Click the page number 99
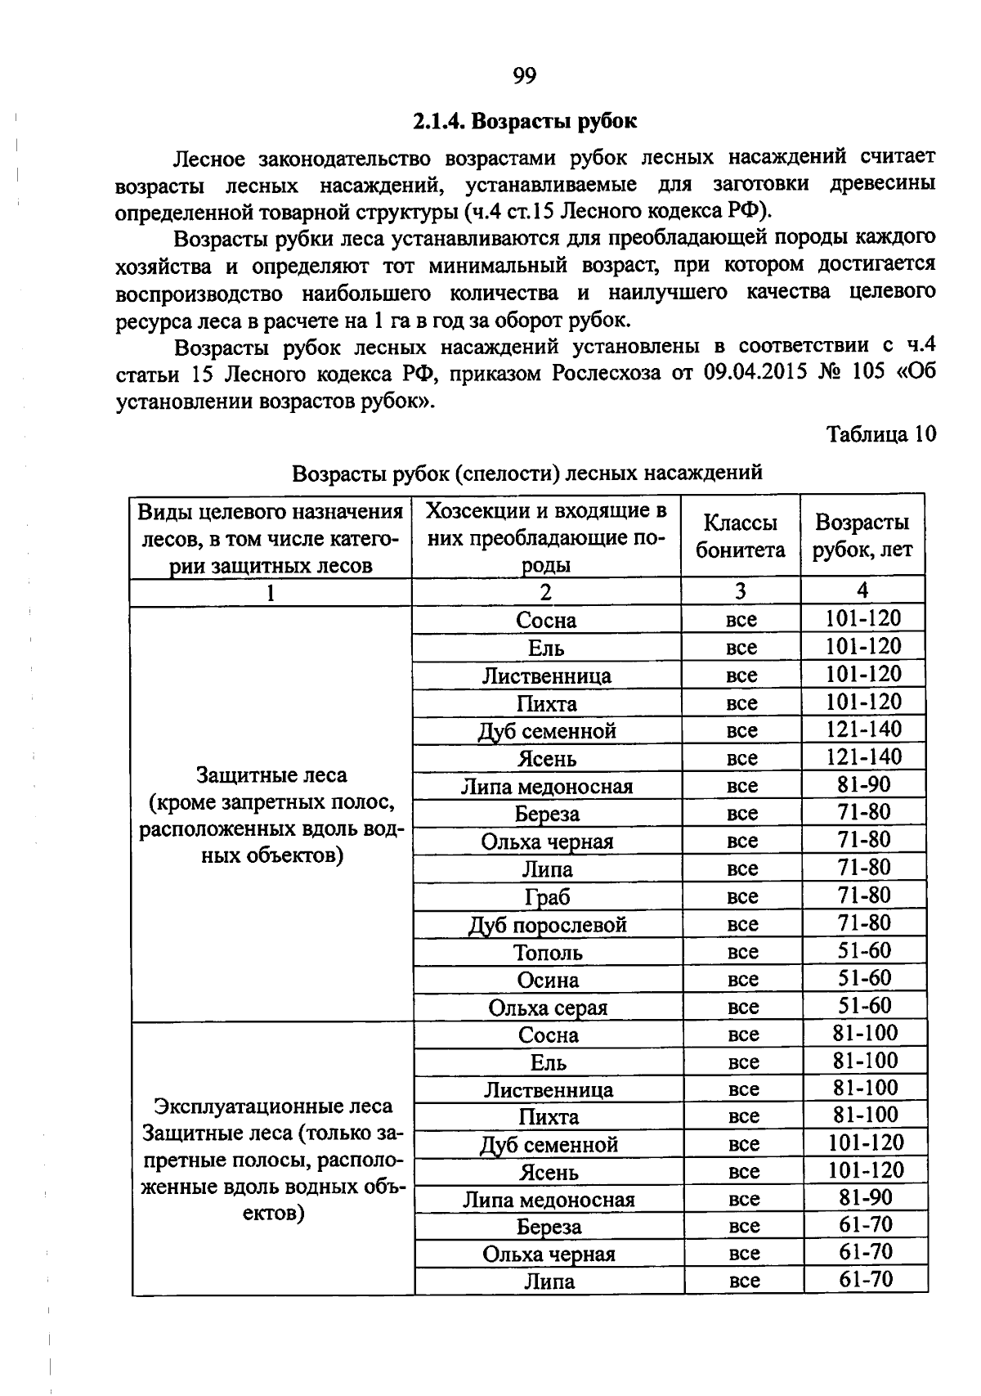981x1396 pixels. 524,76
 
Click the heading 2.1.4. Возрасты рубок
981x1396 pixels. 524,122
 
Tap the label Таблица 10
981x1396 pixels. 880,434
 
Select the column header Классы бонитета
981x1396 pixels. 740,536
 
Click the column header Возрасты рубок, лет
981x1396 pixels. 862,536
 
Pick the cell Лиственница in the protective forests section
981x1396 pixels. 546,676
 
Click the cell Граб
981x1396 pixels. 548,897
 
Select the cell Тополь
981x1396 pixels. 548,953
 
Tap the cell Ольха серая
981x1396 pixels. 548,1008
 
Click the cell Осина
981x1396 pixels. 548,980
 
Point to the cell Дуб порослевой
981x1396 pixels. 548,925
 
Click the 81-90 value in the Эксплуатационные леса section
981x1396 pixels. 866,1198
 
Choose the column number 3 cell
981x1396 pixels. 740,591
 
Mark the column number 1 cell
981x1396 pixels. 270,592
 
